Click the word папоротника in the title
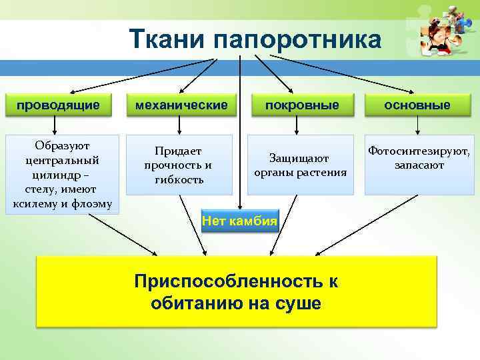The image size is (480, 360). point(298,39)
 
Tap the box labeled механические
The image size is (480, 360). point(181,105)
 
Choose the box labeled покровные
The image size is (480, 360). point(302,105)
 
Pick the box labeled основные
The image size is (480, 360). point(417,105)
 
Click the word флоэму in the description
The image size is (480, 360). point(91,203)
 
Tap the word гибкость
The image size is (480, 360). point(179,179)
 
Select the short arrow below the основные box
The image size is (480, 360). point(417,125)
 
